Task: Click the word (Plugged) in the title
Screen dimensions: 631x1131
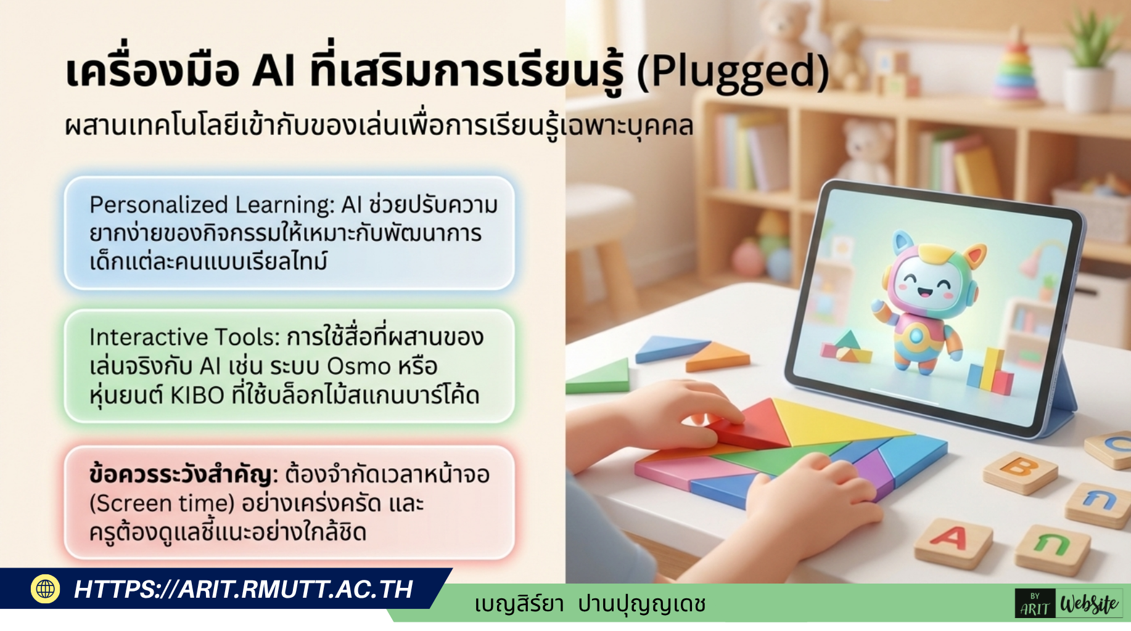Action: pyautogui.click(x=733, y=73)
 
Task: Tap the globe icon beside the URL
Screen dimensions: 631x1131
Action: pyautogui.click(x=45, y=589)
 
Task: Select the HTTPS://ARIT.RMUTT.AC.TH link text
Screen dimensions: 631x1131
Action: pyautogui.click(x=243, y=589)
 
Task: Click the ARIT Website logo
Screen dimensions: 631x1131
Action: pyautogui.click(x=1068, y=604)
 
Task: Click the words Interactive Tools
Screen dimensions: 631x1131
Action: pyautogui.click(x=184, y=337)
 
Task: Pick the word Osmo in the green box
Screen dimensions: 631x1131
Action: pyautogui.click(x=358, y=366)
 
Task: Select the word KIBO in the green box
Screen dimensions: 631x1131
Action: pyautogui.click(x=197, y=395)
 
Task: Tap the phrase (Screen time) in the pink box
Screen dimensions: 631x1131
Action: pyautogui.click(x=162, y=503)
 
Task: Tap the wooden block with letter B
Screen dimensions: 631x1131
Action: pyautogui.click(x=1020, y=471)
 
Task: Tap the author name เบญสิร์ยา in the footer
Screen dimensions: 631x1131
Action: pyautogui.click(x=519, y=604)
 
